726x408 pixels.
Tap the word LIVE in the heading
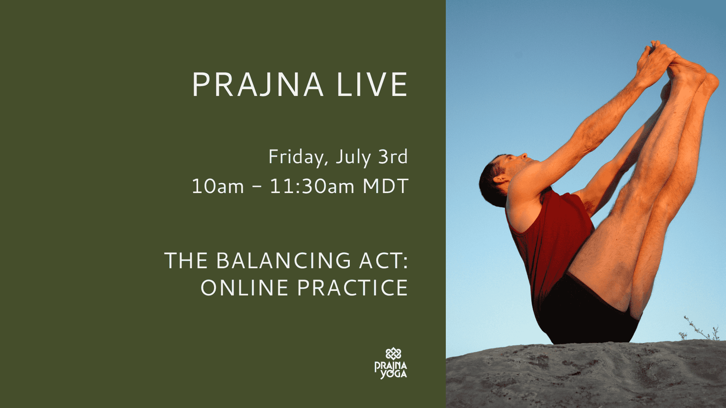pos(372,84)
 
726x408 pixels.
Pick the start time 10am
pos(218,186)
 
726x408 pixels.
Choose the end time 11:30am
pos(312,186)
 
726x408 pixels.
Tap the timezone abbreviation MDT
pos(385,186)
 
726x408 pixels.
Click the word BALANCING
pos(284,261)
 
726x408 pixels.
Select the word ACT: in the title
pos(384,261)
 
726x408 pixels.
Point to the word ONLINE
pos(245,288)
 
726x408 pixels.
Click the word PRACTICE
pos(352,288)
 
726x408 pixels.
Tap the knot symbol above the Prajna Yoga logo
pos(393,354)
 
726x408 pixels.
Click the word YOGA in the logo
pos(394,374)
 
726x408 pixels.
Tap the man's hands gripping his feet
pos(656,62)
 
